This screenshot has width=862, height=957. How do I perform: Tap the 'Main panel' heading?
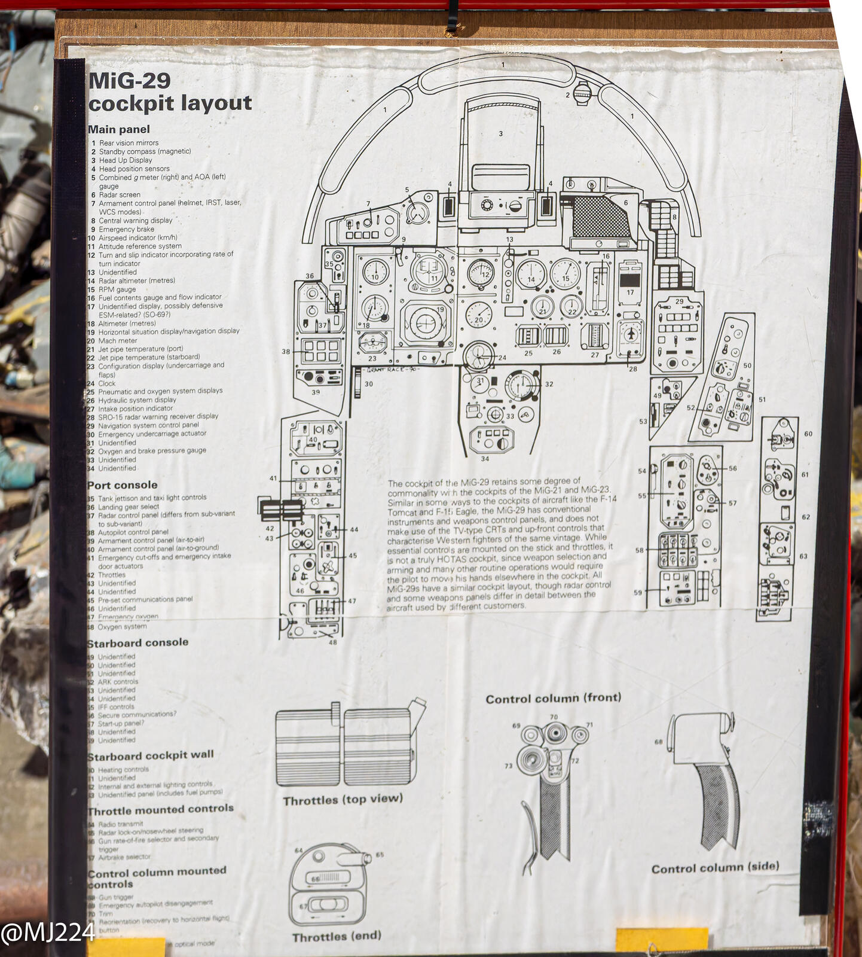click(119, 129)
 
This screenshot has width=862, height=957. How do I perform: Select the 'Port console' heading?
click(123, 485)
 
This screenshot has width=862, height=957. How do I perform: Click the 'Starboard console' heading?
click(138, 643)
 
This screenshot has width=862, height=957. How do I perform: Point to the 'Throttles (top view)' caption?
click(343, 800)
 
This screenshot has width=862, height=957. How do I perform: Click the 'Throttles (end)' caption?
click(337, 937)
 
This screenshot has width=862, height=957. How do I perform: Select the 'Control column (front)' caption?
click(553, 698)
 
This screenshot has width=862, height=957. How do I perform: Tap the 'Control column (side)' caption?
click(715, 867)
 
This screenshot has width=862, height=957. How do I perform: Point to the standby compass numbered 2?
click(582, 94)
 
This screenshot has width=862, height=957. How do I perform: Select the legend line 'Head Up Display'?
click(126, 160)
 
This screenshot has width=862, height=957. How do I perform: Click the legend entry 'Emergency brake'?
click(126, 229)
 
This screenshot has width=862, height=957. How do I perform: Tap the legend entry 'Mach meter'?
click(118, 340)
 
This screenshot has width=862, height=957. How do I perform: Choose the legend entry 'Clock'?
click(107, 383)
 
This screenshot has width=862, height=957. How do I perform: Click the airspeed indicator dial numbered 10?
click(375, 272)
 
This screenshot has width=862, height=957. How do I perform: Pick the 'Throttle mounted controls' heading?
click(160, 809)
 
